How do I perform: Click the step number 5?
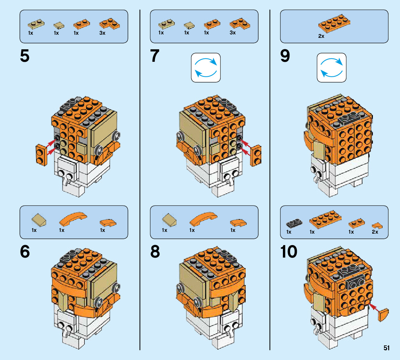tap(25, 56)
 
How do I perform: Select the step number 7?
tap(155, 56)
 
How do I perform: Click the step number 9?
tap(285, 56)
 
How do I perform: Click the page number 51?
tap(386, 348)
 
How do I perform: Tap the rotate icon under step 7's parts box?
tap(206, 68)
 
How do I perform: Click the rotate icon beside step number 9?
tap(332, 68)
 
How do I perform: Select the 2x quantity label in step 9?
tap(321, 36)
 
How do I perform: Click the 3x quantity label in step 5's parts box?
tap(102, 33)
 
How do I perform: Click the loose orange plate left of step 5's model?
tap(41, 155)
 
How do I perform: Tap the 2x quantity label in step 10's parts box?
tap(375, 232)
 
